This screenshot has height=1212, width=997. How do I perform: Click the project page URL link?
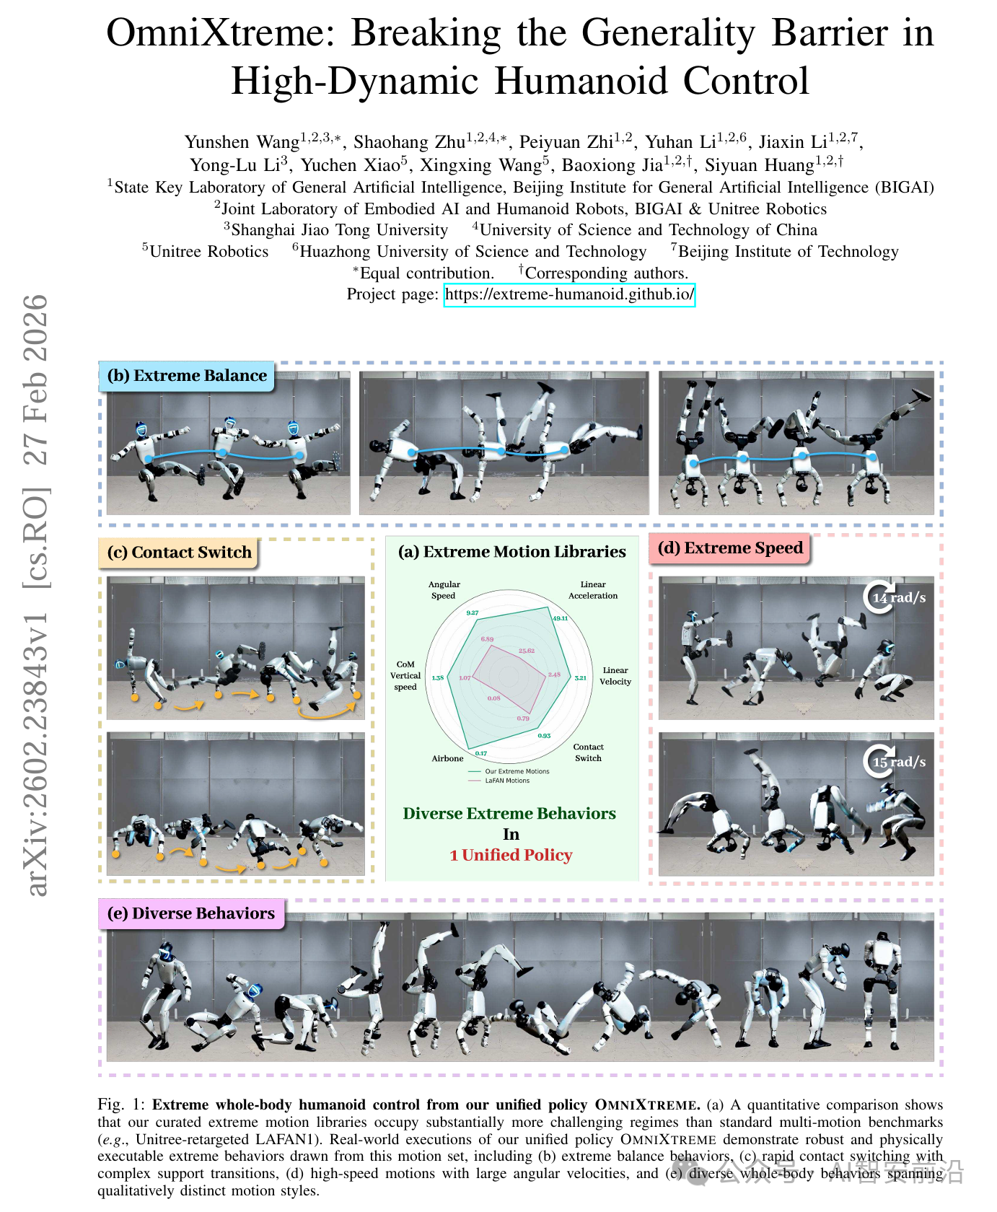point(569,294)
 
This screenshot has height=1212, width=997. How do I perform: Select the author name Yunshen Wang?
point(242,141)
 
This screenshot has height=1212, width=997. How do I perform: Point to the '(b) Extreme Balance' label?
point(187,376)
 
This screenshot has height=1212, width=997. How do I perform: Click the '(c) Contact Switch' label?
point(179,553)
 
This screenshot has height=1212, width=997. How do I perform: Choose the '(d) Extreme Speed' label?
point(730,548)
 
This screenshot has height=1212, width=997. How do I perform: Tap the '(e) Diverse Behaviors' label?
point(191,913)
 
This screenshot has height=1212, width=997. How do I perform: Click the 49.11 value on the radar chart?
point(560,618)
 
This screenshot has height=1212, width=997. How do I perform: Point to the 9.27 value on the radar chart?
point(473,612)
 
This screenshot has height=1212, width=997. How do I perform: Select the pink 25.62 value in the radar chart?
point(527,651)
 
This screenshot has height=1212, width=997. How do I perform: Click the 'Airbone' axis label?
point(447,758)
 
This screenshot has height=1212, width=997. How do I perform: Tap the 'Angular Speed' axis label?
point(444,590)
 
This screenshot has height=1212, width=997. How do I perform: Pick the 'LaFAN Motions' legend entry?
point(507,781)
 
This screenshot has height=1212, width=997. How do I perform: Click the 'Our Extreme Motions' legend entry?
point(517,771)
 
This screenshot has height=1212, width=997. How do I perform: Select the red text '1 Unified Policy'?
point(511,856)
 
